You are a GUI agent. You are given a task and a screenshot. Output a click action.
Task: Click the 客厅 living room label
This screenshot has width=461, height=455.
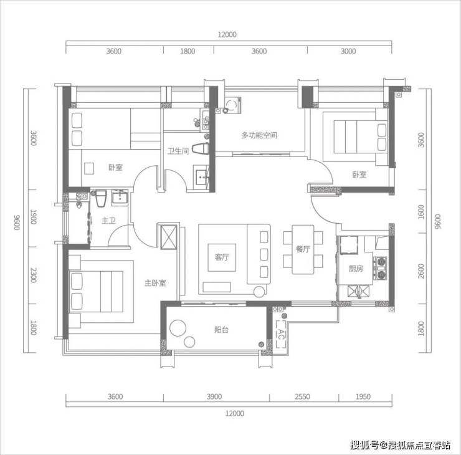[x=222, y=257]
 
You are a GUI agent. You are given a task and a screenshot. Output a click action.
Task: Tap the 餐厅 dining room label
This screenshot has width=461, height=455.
[x=303, y=249]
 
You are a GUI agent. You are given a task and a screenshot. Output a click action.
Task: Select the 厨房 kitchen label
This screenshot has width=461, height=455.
[x=356, y=269]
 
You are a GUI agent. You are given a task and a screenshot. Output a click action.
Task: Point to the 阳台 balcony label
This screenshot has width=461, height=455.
[x=221, y=330]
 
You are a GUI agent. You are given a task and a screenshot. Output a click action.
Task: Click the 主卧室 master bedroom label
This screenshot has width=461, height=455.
[x=156, y=283]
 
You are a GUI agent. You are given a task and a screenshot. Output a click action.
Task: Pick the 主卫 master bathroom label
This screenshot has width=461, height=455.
[x=108, y=221]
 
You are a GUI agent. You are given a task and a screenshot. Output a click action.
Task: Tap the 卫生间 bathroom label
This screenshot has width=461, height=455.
[x=178, y=151]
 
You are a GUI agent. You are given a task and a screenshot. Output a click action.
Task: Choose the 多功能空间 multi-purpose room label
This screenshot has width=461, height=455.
[x=259, y=135]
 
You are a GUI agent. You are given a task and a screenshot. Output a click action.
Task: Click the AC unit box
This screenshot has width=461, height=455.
[x=281, y=334]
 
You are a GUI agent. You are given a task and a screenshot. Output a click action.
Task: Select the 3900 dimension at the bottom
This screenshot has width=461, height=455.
[x=214, y=396]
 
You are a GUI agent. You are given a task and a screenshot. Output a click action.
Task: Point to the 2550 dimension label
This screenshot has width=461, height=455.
[x=302, y=396]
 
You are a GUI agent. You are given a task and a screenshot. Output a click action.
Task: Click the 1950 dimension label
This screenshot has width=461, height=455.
[x=363, y=396]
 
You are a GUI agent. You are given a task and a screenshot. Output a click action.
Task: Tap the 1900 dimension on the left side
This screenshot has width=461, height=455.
[x=34, y=217]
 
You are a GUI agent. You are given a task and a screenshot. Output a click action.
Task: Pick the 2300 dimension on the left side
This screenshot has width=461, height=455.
[x=34, y=275]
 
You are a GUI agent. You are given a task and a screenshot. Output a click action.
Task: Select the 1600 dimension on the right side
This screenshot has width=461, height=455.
[x=421, y=212]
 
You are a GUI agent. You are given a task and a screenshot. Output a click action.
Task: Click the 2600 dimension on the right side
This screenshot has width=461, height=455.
[x=421, y=271]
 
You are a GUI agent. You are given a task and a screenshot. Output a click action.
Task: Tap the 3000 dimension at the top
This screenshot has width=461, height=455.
[x=348, y=51]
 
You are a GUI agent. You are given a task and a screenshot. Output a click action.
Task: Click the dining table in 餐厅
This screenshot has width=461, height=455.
[x=303, y=250]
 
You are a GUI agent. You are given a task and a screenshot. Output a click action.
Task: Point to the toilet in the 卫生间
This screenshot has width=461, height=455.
[x=201, y=149]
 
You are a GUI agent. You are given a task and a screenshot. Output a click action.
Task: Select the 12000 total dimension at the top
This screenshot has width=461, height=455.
[x=227, y=35]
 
